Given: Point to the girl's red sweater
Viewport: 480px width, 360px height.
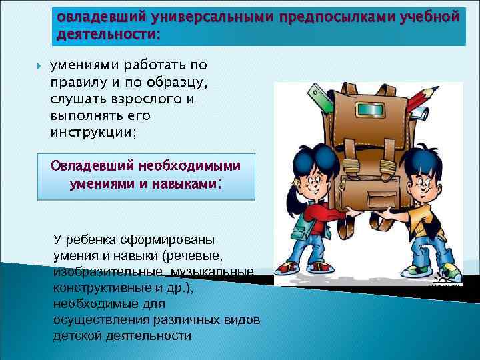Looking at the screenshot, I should point(319,219).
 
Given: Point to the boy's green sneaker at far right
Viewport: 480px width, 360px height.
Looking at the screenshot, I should point(453,273).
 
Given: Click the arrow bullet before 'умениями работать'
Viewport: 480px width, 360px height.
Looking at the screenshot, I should point(38,65).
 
